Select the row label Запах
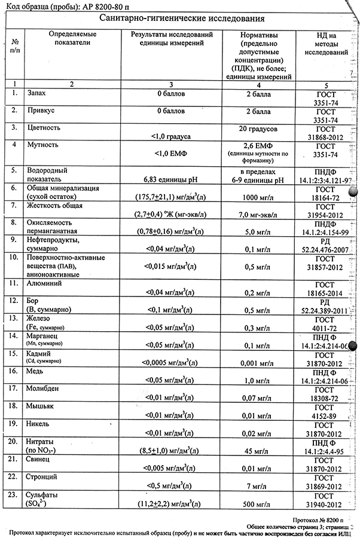38,94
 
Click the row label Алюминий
47,283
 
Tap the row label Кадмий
40,354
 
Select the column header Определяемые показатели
72,38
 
